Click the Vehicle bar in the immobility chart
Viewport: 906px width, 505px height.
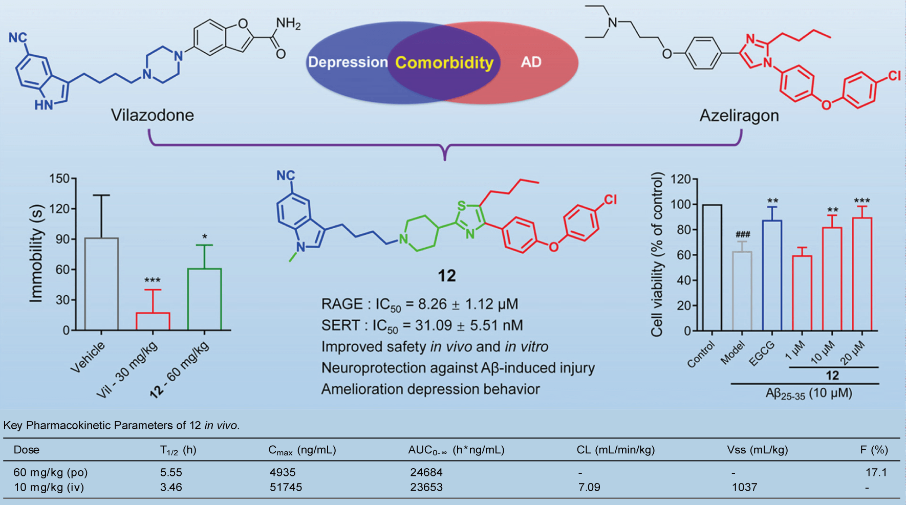101,284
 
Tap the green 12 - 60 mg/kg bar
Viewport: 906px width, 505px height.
204,299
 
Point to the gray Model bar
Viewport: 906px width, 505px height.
742,291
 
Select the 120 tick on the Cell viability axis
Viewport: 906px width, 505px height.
680,180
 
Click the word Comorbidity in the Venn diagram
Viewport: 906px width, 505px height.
444,62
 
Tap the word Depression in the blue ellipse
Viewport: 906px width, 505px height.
348,62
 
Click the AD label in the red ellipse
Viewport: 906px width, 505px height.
531,62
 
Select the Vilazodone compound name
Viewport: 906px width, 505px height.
153,115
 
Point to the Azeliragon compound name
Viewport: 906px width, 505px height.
739,116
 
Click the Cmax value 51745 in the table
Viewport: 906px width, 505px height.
286,487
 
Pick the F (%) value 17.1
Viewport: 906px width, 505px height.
876,472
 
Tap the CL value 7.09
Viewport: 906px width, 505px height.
589,487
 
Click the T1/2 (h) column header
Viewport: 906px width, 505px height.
178,450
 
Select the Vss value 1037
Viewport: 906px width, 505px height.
744,487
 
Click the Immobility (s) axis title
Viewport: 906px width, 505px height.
36,253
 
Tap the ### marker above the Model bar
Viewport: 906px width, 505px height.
742,235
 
